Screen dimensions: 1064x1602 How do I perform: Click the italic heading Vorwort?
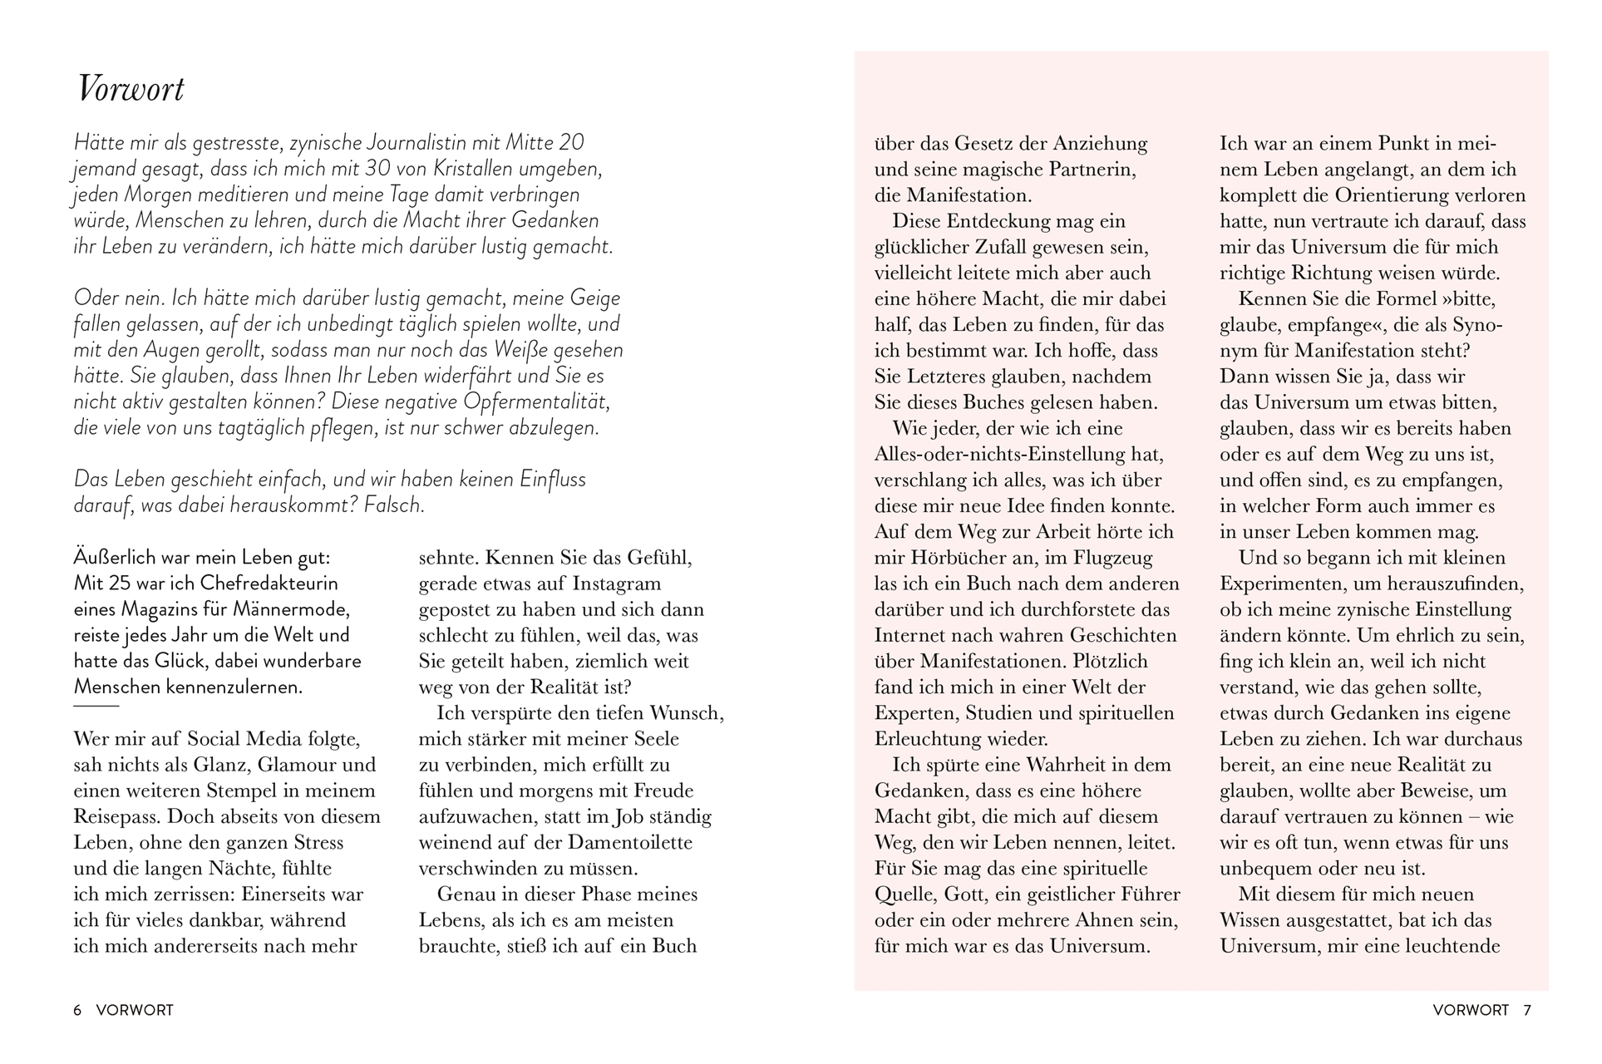click(131, 89)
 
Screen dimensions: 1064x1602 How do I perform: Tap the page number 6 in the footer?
click(77, 1010)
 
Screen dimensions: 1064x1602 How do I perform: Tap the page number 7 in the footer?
click(1526, 1010)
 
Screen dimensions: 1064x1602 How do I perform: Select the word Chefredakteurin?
click(269, 584)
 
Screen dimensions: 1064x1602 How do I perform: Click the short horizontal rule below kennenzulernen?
click(96, 706)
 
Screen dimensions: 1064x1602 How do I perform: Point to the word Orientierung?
click(1430, 195)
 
